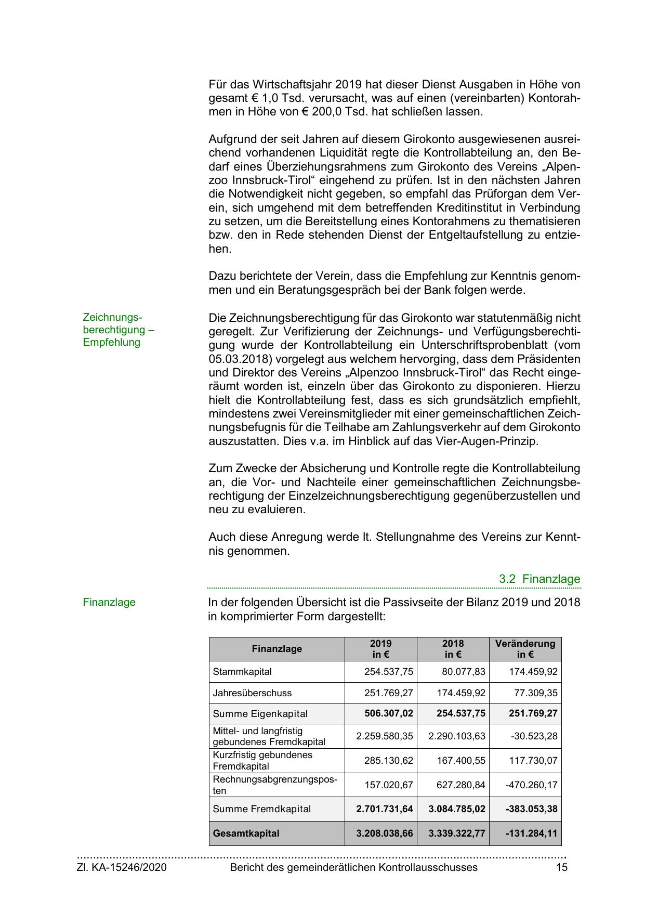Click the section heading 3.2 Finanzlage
(539, 579)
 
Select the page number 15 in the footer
(561, 867)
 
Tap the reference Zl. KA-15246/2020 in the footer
(122, 867)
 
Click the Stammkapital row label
(242, 671)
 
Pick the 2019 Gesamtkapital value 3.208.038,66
(385, 833)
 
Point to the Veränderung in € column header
(525, 649)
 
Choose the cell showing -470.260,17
(531, 785)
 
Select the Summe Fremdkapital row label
(262, 809)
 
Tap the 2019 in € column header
(380, 649)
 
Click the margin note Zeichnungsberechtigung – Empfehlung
(119, 330)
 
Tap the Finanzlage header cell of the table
(277, 649)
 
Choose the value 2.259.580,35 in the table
(385, 736)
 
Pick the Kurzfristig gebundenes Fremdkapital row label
(262, 760)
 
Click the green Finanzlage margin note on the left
(109, 602)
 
